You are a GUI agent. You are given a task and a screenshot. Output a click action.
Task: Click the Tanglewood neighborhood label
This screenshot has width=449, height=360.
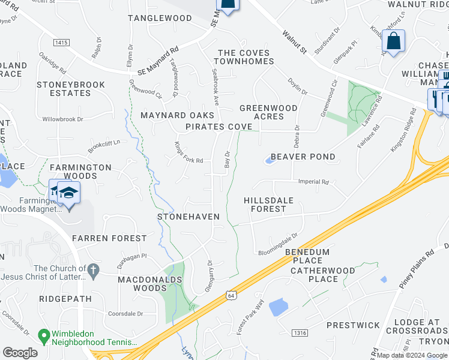pos(159,18)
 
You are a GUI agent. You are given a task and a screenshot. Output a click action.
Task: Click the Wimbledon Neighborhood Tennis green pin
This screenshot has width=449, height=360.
pos(43,335)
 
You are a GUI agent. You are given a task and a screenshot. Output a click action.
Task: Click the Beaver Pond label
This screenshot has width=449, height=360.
pos(303,157)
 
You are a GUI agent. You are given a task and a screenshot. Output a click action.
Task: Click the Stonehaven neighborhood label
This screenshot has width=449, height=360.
pos(188,216)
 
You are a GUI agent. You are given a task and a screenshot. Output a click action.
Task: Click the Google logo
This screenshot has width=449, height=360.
pos(20,353)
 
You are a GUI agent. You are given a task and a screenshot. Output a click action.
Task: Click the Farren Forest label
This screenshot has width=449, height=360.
pos(109,238)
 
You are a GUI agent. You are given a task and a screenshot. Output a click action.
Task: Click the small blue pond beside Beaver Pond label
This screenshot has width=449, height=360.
pos(268,160)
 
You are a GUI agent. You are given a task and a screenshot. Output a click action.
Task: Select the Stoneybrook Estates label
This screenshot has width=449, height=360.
pos(63,89)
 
